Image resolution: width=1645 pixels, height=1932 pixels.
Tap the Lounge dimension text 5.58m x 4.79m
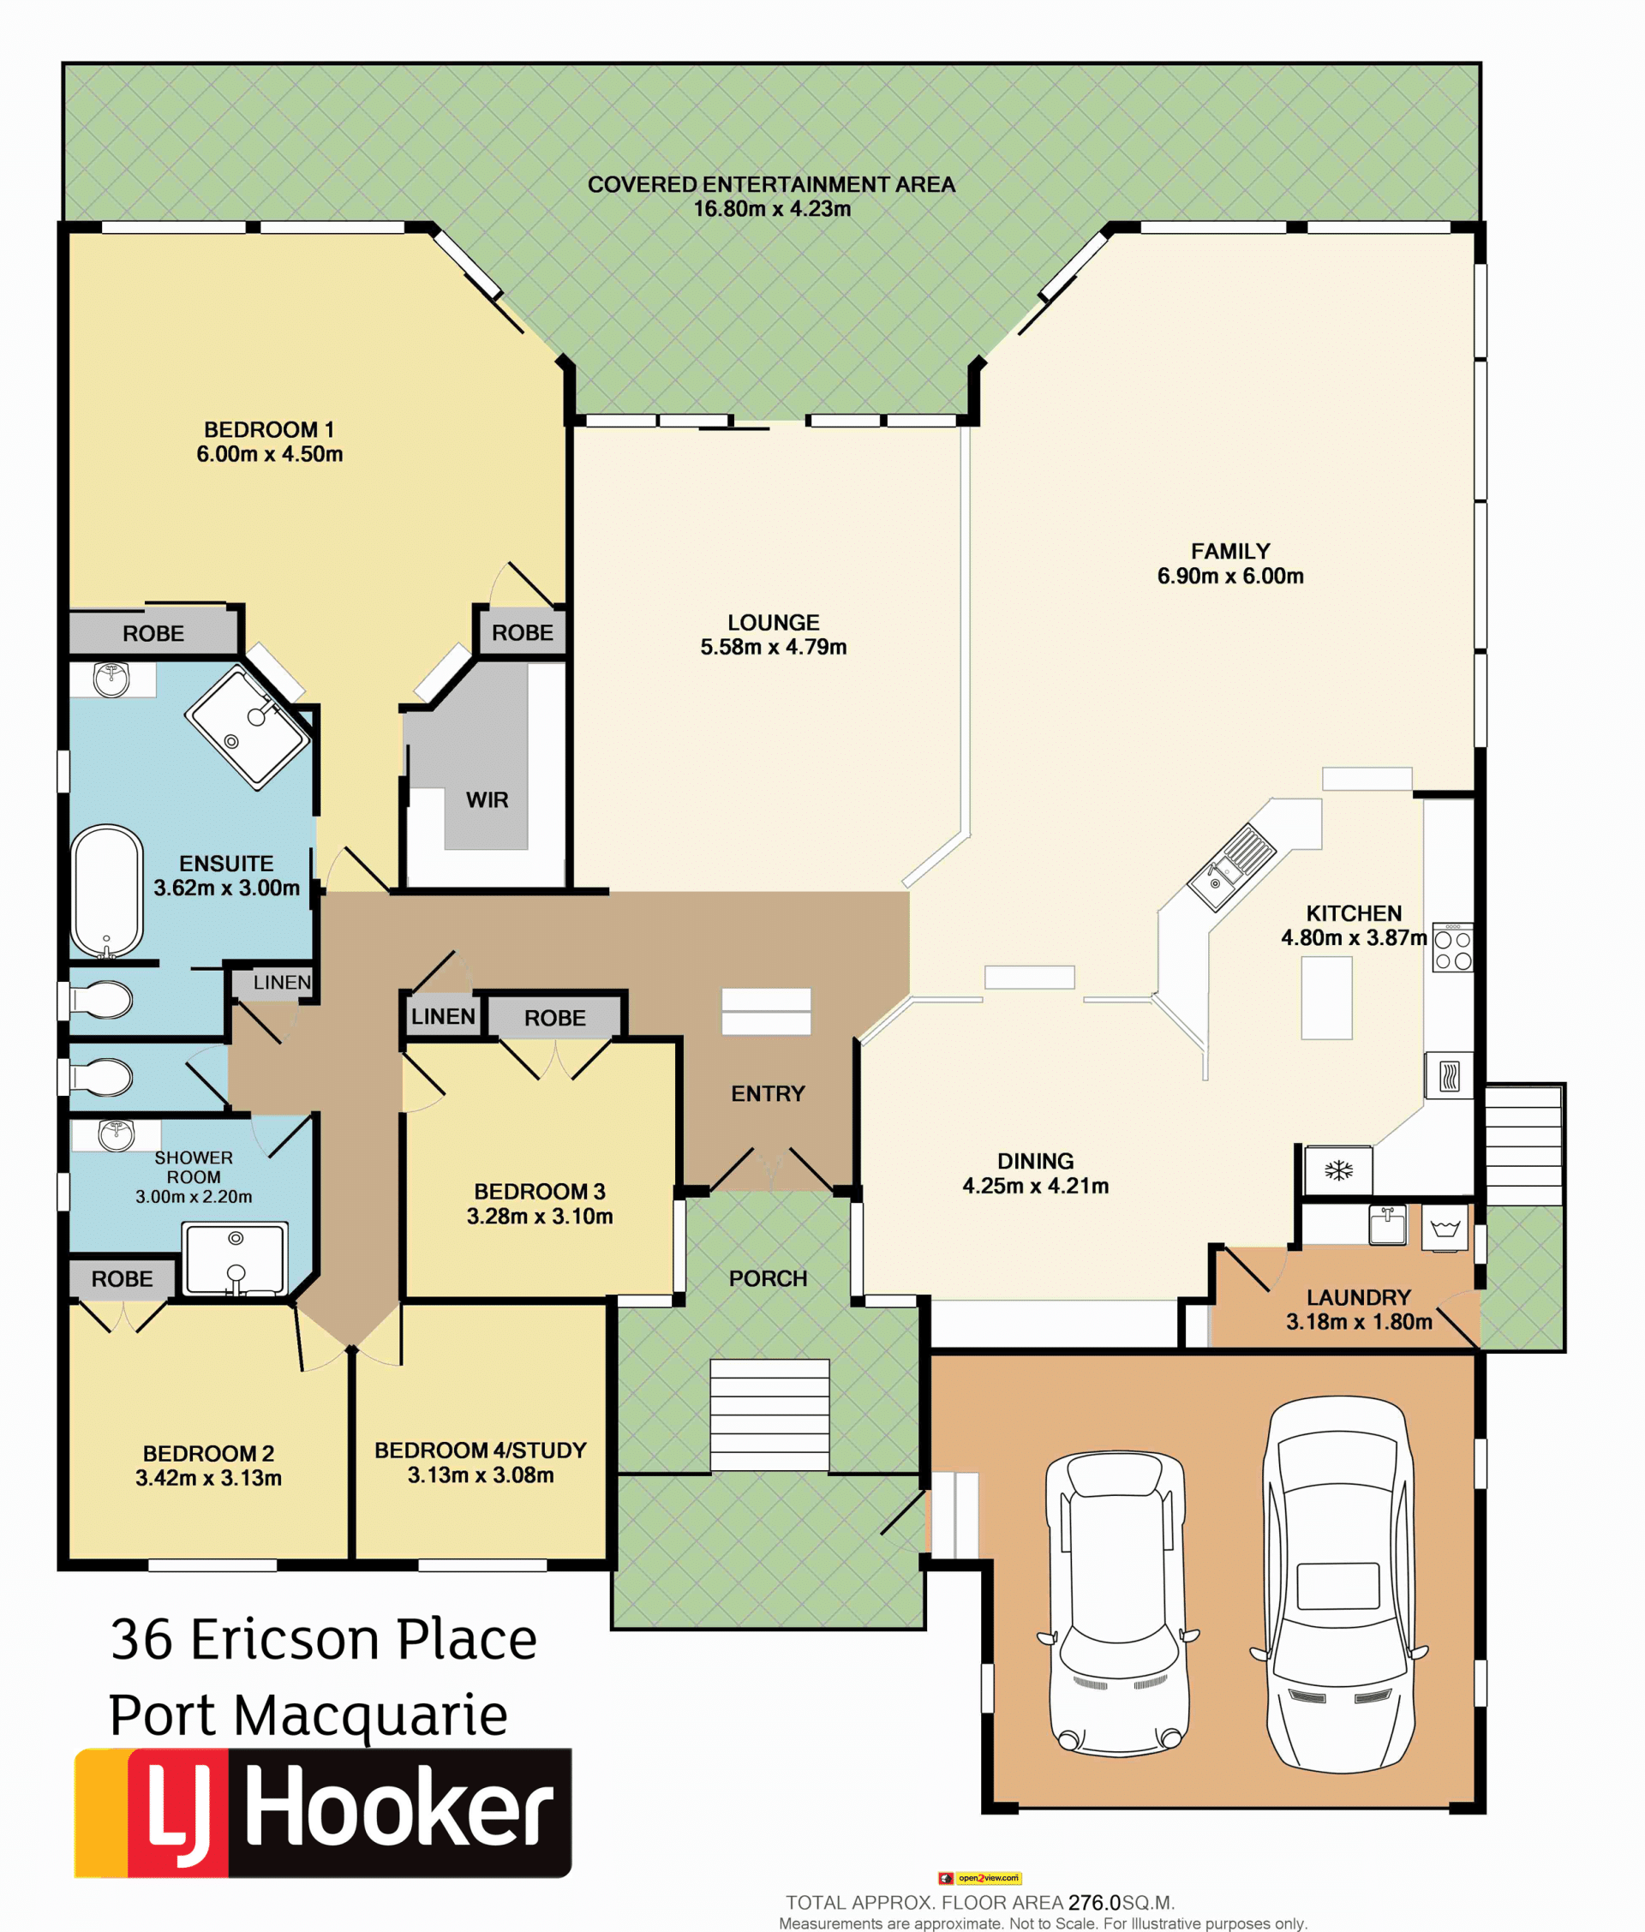773,647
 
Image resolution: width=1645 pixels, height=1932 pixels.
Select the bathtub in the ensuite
107,891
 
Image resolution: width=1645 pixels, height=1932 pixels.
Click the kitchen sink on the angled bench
1231,866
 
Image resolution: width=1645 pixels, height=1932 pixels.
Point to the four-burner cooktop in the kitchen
1453,948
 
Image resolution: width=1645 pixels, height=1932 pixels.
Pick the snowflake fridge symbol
1338,1170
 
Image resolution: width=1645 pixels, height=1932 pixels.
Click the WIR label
487,800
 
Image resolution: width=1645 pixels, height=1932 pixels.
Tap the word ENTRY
768,1094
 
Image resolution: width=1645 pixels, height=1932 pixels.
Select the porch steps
769,1415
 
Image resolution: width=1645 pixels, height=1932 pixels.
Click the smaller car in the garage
1117,1602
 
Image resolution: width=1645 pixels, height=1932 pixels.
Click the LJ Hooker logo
323,1813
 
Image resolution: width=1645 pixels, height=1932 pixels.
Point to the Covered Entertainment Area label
771,184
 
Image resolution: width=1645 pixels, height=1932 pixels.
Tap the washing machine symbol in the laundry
1445,1228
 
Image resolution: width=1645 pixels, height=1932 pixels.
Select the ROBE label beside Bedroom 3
555,1018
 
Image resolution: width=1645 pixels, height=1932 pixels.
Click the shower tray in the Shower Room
236,1259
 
